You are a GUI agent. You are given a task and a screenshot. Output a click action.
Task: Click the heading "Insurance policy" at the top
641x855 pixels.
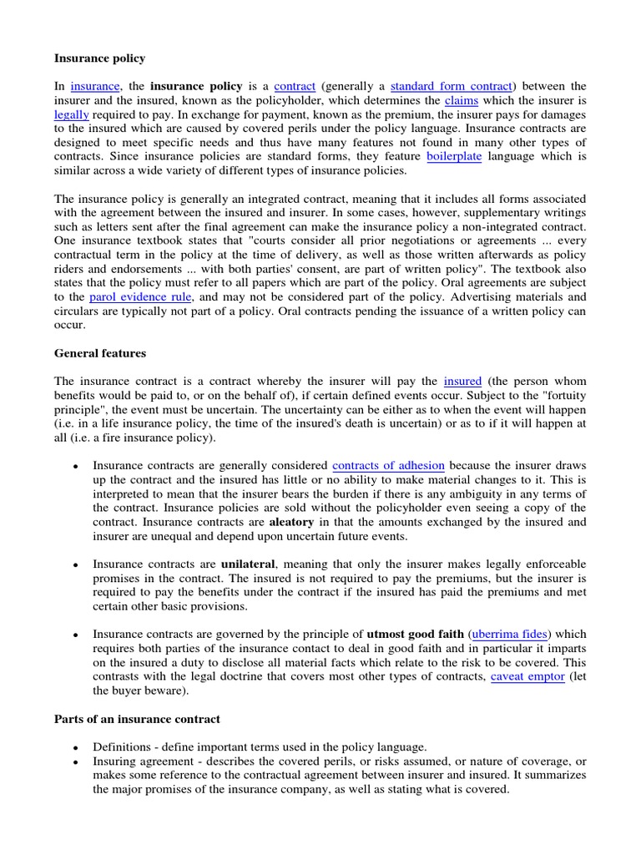99,58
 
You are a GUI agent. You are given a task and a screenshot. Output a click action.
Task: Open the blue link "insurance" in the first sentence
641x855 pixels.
96,86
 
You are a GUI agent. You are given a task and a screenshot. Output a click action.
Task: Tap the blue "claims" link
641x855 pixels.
460,100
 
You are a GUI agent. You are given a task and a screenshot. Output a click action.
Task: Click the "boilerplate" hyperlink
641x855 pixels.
454,156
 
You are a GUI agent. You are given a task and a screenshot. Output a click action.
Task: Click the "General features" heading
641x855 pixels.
100,353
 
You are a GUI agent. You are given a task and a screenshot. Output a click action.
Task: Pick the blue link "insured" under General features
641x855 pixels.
462,381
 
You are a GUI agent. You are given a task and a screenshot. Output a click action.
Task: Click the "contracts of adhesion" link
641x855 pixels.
388,465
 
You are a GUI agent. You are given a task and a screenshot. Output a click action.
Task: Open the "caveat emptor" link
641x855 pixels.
527,676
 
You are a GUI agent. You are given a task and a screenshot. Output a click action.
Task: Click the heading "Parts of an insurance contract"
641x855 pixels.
137,720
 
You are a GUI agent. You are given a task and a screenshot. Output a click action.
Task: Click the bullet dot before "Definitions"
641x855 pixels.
75,747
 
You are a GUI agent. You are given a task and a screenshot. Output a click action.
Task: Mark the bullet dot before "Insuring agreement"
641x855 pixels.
75,761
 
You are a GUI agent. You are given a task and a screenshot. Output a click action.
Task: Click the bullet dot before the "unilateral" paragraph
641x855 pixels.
75,565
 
